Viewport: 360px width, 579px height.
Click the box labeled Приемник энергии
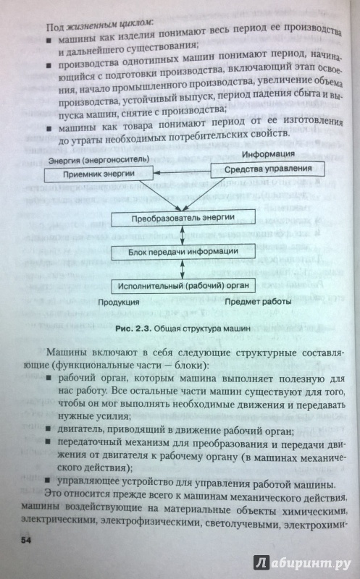point(99,174)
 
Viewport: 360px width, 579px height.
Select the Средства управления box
point(267,169)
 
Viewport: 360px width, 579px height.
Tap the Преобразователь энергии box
point(183,218)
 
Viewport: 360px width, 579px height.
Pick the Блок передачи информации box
point(183,252)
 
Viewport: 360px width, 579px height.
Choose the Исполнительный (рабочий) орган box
point(183,286)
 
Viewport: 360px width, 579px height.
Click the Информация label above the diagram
point(268,154)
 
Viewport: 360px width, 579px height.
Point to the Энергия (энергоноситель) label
point(99,160)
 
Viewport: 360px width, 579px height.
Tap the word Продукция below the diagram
point(118,303)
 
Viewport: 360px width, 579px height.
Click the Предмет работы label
point(258,302)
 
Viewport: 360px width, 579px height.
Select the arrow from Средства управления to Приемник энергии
point(182,172)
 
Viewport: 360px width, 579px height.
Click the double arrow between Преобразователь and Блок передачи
point(183,235)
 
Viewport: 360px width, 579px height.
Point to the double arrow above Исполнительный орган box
point(183,269)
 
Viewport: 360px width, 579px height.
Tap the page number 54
point(26,541)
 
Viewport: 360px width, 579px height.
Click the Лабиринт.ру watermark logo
point(302,563)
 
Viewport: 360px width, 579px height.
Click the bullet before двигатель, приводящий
point(48,429)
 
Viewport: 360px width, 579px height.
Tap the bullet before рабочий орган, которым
point(49,378)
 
